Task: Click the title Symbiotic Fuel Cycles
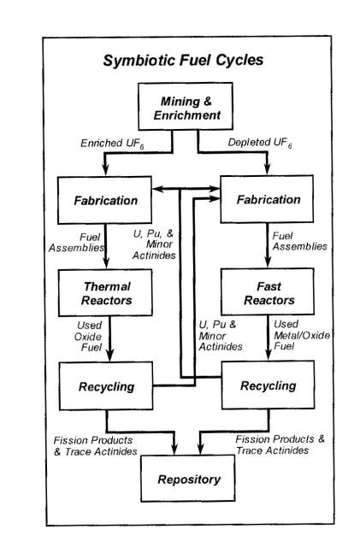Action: pos(183,61)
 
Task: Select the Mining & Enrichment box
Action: pos(186,106)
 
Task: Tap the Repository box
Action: pos(188,479)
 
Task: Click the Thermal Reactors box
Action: pos(105,293)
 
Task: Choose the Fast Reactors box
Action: pos(268,291)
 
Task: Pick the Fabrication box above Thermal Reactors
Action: pos(105,200)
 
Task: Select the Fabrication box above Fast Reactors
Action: pos(267,199)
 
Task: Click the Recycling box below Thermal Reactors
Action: pos(106,386)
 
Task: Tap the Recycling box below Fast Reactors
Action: pos(269,385)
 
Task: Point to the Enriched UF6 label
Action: pos(112,144)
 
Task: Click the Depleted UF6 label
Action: pos(260,143)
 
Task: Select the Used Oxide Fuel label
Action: pos(88,337)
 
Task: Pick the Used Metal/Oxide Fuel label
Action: pos(302,335)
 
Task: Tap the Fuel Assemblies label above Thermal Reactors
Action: pos(76,242)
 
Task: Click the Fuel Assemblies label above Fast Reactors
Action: pos(299,241)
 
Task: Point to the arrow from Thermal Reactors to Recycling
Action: pos(109,339)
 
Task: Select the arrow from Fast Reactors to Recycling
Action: pos(269,338)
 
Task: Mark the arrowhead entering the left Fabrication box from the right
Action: pos(158,189)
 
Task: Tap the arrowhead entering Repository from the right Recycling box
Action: pos(200,449)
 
